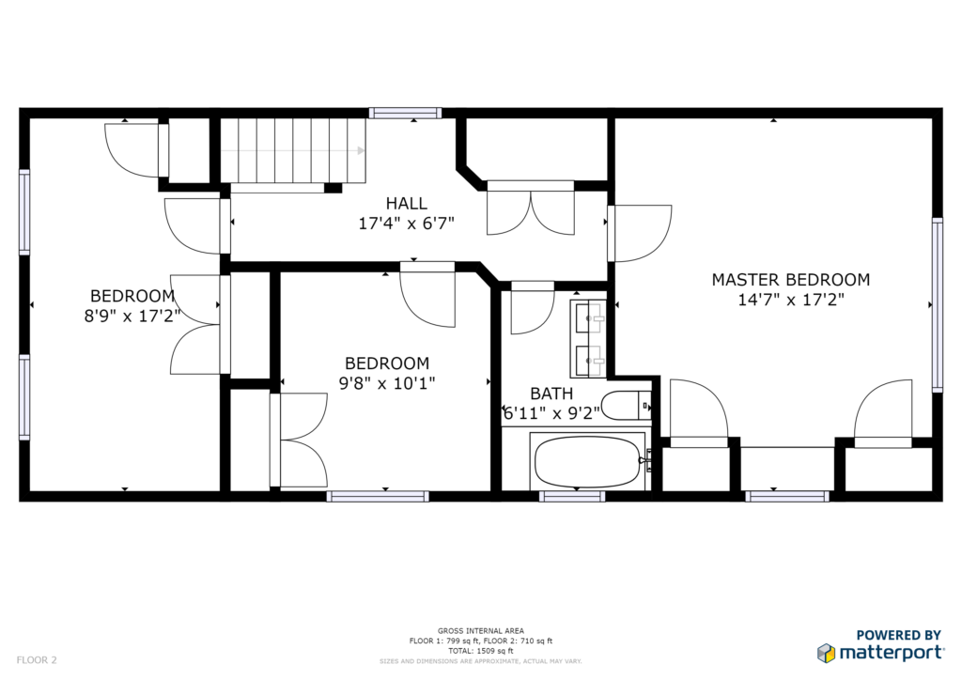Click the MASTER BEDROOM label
click(x=791, y=280)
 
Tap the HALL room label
click(x=406, y=203)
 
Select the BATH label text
click(x=551, y=393)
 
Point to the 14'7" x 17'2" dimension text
click(x=791, y=300)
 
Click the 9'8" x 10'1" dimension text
click(x=387, y=383)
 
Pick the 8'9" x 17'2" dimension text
click(x=132, y=317)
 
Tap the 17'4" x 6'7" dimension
click(x=406, y=224)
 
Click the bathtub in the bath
click(x=588, y=462)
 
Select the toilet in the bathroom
click(x=626, y=406)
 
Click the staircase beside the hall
click(x=293, y=151)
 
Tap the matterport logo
click(x=880, y=653)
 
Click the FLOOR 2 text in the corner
click(x=37, y=660)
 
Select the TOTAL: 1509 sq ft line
click(x=480, y=651)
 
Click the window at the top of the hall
click(x=405, y=113)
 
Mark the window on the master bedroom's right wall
click(x=938, y=304)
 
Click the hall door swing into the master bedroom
click(x=640, y=233)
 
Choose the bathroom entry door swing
click(x=533, y=308)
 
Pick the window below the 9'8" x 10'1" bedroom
click(x=378, y=496)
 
